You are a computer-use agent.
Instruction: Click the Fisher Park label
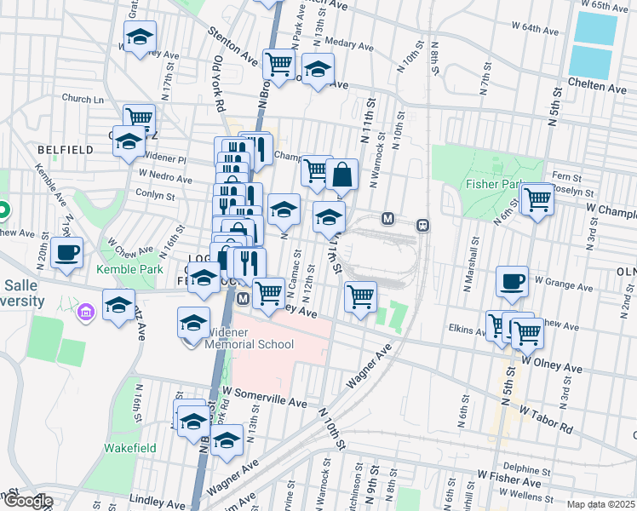coord(493,183)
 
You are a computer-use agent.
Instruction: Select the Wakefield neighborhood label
coord(128,447)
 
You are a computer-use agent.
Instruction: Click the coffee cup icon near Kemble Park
coord(67,253)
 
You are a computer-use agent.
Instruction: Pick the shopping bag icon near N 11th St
coord(341,175)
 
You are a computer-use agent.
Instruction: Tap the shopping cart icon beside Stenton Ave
coord(278,63)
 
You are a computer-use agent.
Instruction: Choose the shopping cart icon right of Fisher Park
coord(537,199)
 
